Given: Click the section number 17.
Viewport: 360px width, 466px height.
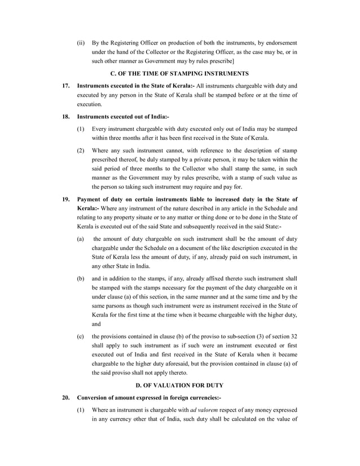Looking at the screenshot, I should click(65, 85).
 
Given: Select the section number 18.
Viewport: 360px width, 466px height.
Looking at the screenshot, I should click(65, 117).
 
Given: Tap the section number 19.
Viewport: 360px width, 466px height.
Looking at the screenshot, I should click(65, 199).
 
